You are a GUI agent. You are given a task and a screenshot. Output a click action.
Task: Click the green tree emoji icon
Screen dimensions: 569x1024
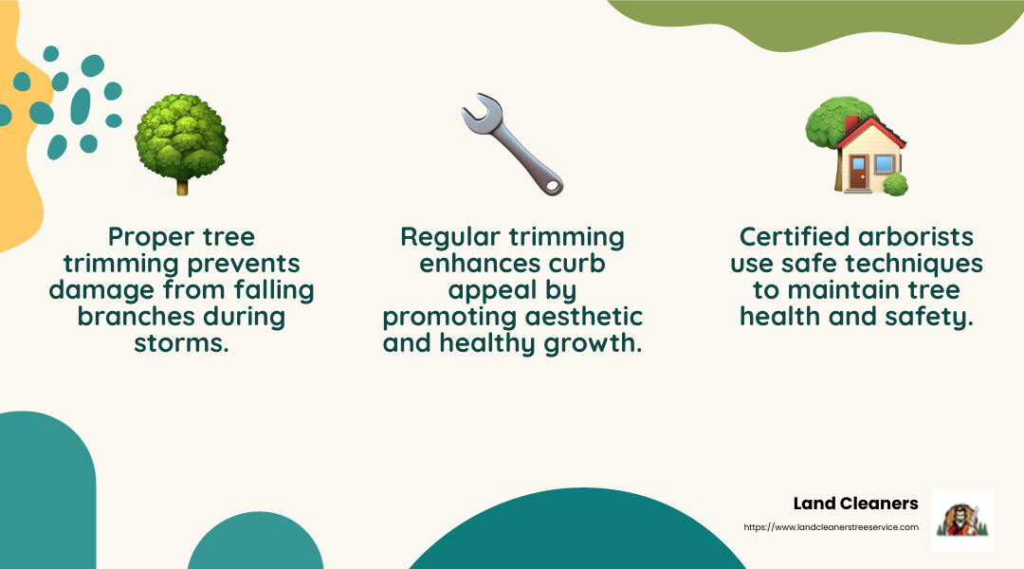pos(181,142)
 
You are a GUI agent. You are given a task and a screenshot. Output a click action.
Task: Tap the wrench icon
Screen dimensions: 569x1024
pos(512,144)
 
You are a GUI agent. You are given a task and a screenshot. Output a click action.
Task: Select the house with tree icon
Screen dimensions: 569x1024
pos(856,147)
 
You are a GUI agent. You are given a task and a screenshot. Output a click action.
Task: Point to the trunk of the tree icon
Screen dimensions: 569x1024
pos(181,186)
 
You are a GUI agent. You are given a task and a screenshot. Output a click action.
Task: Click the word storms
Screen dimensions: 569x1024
pos(180,342)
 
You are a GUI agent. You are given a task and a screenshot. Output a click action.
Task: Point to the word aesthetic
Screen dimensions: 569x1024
pos(584,316)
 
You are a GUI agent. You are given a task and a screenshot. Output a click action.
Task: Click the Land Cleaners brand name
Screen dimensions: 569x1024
pos(855,504)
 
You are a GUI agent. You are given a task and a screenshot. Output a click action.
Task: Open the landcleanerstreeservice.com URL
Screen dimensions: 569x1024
pos(831,527)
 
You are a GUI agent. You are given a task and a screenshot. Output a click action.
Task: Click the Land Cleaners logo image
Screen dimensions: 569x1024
pos(962,520)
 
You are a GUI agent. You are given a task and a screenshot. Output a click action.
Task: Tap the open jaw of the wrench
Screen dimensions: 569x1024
pos(474,112)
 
